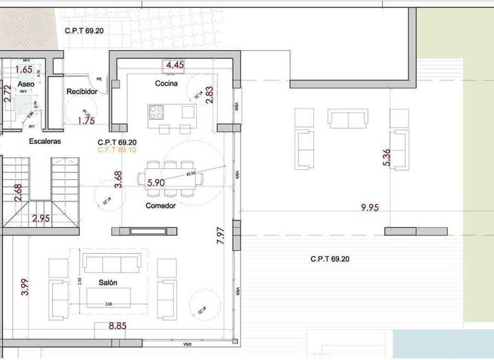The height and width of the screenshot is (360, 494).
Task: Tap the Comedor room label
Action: [x=161, y=206]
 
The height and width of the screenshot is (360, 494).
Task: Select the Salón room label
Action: [x=107, y=283]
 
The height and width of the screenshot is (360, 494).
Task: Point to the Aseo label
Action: [x=26, y=84]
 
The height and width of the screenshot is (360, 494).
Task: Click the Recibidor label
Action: [x=82, y=92]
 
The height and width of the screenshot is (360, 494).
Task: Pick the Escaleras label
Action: [x=44, y=141]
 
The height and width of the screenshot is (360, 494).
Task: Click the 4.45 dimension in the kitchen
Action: [x=175, y=65]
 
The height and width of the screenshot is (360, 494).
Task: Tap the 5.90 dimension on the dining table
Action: [x=157, y=183]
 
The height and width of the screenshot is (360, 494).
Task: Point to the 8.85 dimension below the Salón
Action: [x=117, y=326]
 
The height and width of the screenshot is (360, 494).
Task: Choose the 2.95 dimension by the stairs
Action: [x=41, y=218]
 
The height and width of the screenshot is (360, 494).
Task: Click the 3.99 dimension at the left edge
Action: [x=24, y=285]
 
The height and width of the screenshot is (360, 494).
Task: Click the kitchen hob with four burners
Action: [x=157, y=113]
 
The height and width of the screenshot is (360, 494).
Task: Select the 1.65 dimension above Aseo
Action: [x=23, y=69]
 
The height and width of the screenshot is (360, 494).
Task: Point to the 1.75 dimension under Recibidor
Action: [x=86, y=120]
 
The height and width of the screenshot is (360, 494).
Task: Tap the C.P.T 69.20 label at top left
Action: [x=84, y=30]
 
